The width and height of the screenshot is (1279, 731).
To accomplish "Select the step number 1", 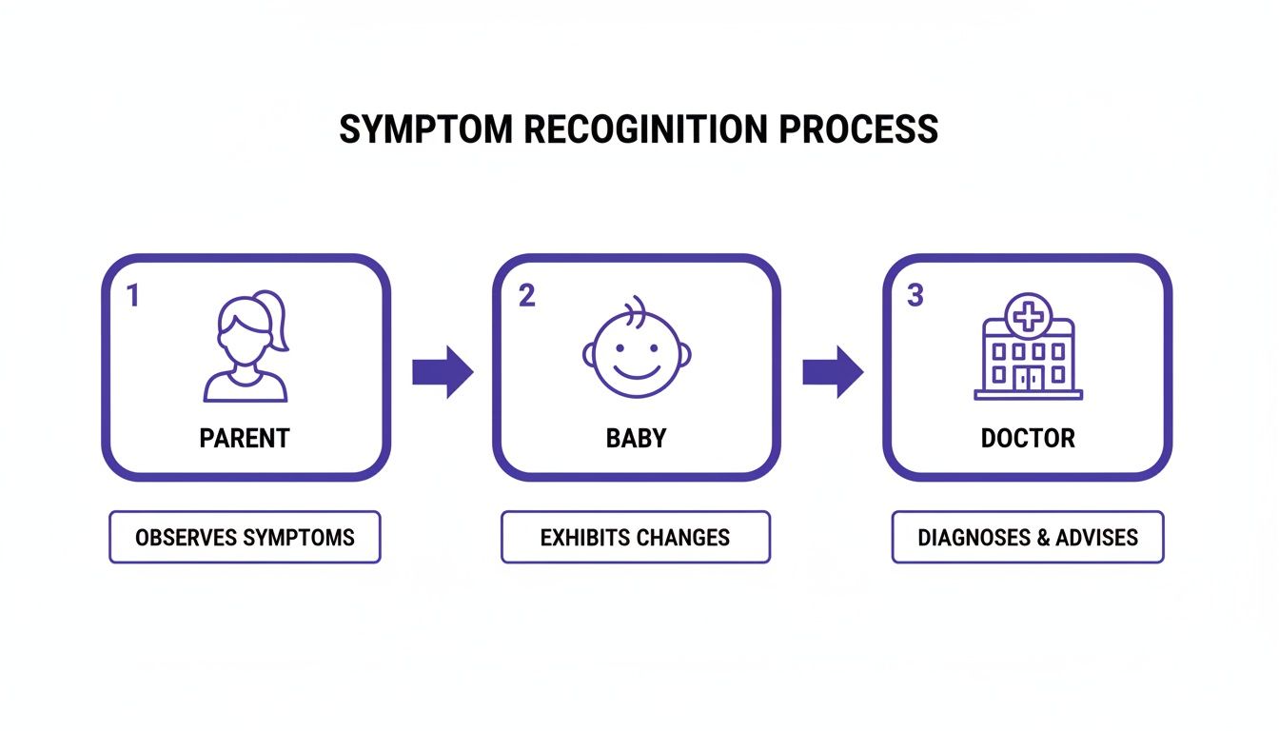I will [133, 296].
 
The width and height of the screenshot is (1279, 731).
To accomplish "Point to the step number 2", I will [526, 296].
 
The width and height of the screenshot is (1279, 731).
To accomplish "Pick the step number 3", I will [915, 296].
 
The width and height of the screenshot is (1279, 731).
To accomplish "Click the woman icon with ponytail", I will [246, 348].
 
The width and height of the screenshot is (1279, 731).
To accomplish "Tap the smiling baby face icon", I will [637, 350].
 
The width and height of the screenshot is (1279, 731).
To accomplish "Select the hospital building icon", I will [1028, 346].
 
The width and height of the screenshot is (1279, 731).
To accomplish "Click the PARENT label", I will [245, 438].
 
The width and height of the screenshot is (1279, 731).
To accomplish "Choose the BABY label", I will [637, 438].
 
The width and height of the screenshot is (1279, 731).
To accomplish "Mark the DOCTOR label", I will [1028, 438].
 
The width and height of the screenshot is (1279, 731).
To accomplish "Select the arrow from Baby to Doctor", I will [833, 372].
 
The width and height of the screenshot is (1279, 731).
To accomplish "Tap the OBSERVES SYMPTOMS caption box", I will [245, 538].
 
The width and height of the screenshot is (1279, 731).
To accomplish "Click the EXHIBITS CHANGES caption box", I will [635, 538].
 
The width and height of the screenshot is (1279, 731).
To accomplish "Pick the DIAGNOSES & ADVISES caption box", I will [1028, 538].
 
